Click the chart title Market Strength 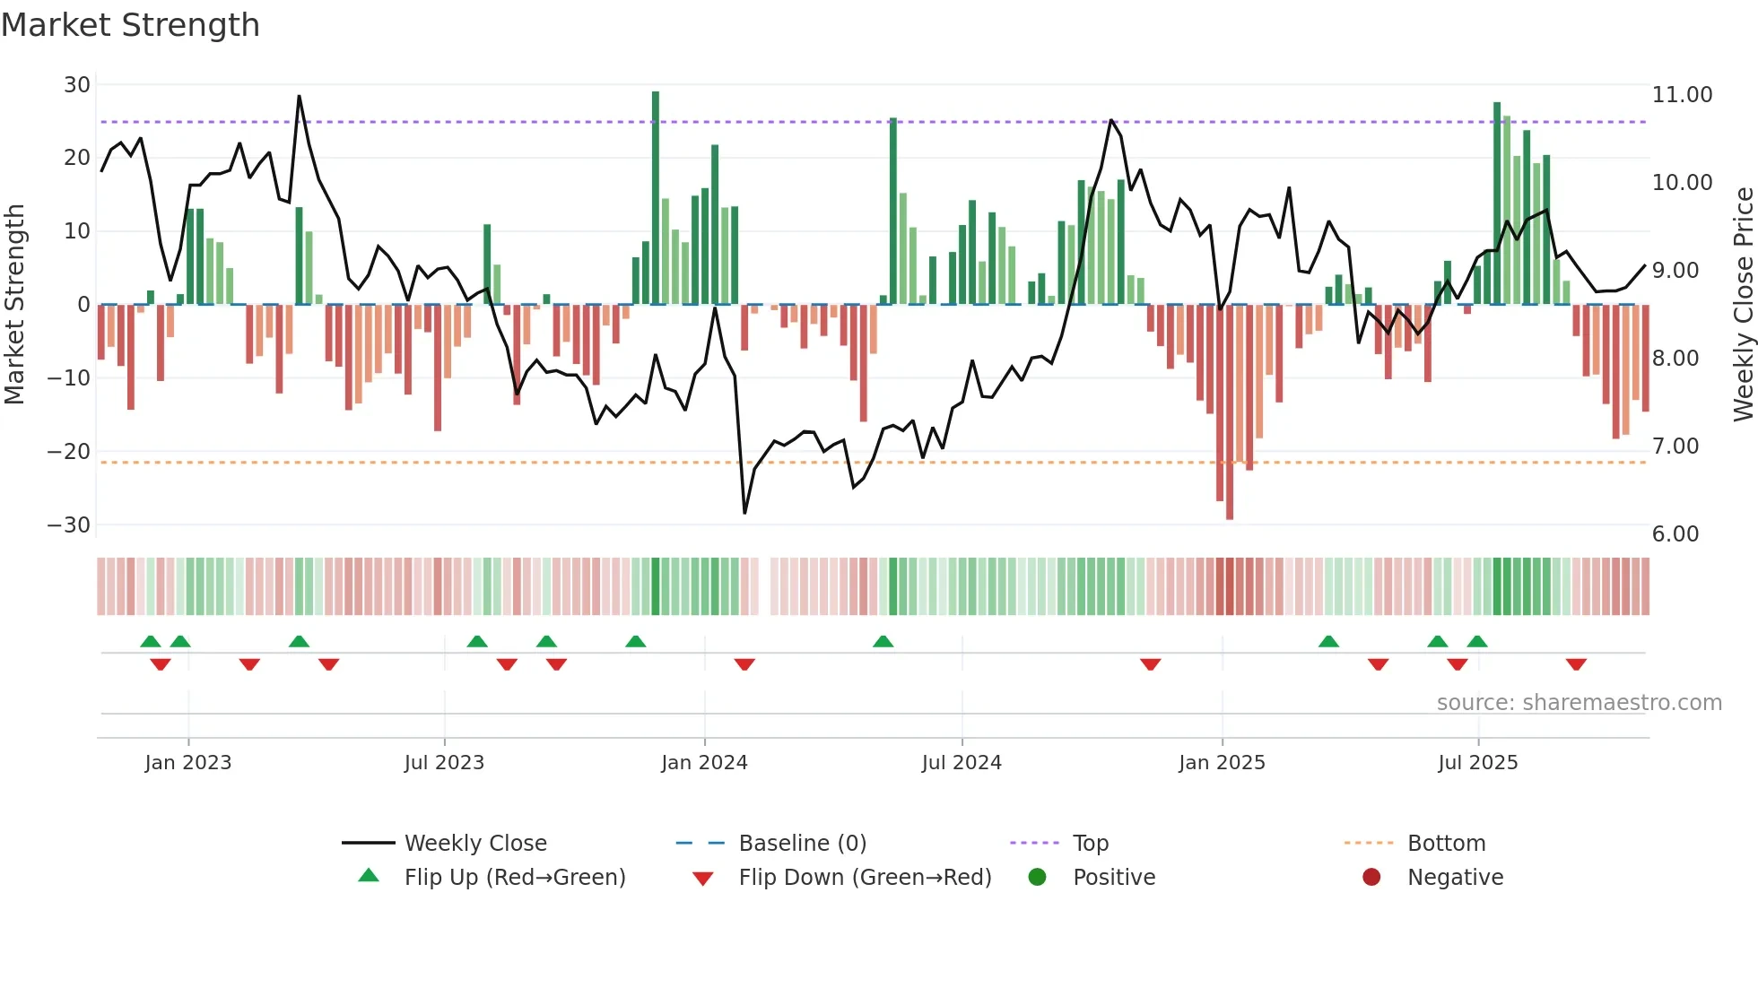tap(130, 25)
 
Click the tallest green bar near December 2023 tap(656, 197)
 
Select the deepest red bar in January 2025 tap(1230, 412)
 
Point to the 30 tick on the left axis tap(77, 85)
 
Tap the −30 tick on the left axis tap(70, 524)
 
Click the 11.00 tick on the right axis tap(1682, 95)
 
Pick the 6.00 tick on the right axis tap(1675, 534)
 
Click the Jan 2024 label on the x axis tap(704, 763)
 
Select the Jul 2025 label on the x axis tap(1477, 763)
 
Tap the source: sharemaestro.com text tap(1579, 703)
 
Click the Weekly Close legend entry tap(475, 844)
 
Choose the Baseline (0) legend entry tap(802, 844)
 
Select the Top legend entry tap(1091, 844)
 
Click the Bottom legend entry tap(1446, 844)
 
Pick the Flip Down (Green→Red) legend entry tap(865, 878)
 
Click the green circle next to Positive tap(1038, 878)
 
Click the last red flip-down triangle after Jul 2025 tap(1576, 664)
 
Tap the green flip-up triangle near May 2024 tap(883, 641)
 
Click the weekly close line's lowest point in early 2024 tap(744, 513)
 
